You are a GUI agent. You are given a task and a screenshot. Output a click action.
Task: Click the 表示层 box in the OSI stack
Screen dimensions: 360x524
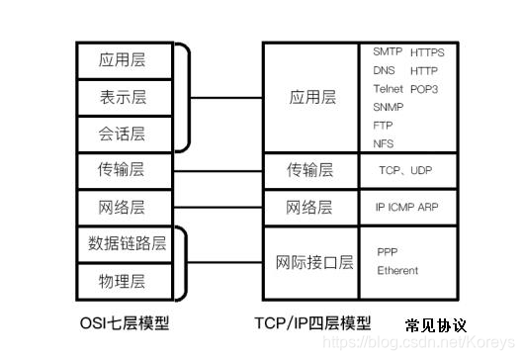point(123,97)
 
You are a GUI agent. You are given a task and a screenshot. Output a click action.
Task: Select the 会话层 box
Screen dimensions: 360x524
point(123,134)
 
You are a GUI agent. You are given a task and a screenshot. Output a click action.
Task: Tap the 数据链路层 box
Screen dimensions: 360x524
point(127,243)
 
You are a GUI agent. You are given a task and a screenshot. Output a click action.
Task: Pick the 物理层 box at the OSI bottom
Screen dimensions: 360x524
point(123,281)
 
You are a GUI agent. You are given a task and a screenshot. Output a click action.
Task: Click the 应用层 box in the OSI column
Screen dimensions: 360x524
point(123,60)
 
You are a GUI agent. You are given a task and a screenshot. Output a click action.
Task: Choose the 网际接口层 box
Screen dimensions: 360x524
point(313,262)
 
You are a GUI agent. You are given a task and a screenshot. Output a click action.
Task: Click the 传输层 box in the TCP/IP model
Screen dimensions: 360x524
point(309,170)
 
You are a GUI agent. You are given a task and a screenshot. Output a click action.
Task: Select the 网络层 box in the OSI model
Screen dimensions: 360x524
point(123,207)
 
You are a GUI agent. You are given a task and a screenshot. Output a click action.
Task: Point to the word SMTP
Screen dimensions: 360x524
point(386,52)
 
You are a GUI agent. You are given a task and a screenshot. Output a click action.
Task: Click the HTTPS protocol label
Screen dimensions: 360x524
point(427,52)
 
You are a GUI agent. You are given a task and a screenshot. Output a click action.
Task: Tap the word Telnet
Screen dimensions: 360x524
point(388,89)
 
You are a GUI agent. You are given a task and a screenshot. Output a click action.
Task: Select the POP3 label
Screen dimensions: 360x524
point(423,89)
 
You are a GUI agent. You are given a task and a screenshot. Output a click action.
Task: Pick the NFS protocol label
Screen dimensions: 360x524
point(383,143)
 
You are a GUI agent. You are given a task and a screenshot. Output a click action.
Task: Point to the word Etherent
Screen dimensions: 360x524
point(397,270)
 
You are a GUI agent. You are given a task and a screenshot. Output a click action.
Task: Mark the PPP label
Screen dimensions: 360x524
point(387,252)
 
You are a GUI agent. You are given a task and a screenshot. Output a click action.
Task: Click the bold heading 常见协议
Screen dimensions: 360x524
point(435,325)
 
